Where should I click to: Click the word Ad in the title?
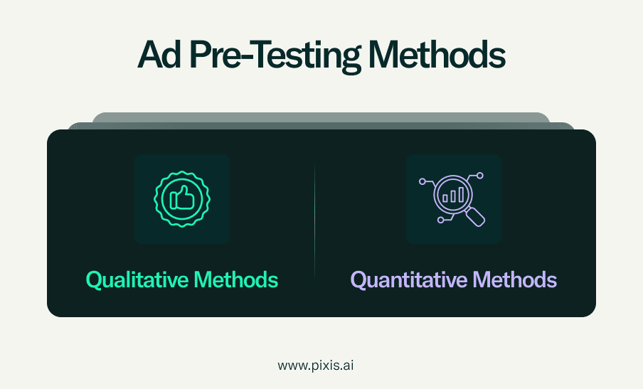(159, 55)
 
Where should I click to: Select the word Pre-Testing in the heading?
(275, 57)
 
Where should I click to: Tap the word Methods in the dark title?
(437, 55)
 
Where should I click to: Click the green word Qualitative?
(137, 281)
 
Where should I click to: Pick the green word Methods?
(236, 279)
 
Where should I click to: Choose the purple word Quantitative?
(409, 281)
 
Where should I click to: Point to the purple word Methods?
(515, 279)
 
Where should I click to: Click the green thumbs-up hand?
(183, 198)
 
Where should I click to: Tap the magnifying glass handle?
(476, 216)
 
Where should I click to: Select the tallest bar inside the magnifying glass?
(461, 195)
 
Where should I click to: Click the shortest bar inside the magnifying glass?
(445, 198)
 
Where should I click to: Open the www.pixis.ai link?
(315, 366)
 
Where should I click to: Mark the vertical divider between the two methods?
(315, 222)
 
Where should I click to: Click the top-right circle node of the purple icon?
(480, 176)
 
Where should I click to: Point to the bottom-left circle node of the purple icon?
(441, 220)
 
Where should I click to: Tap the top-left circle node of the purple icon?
(423, 181)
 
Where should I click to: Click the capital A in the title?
(149, 55)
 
